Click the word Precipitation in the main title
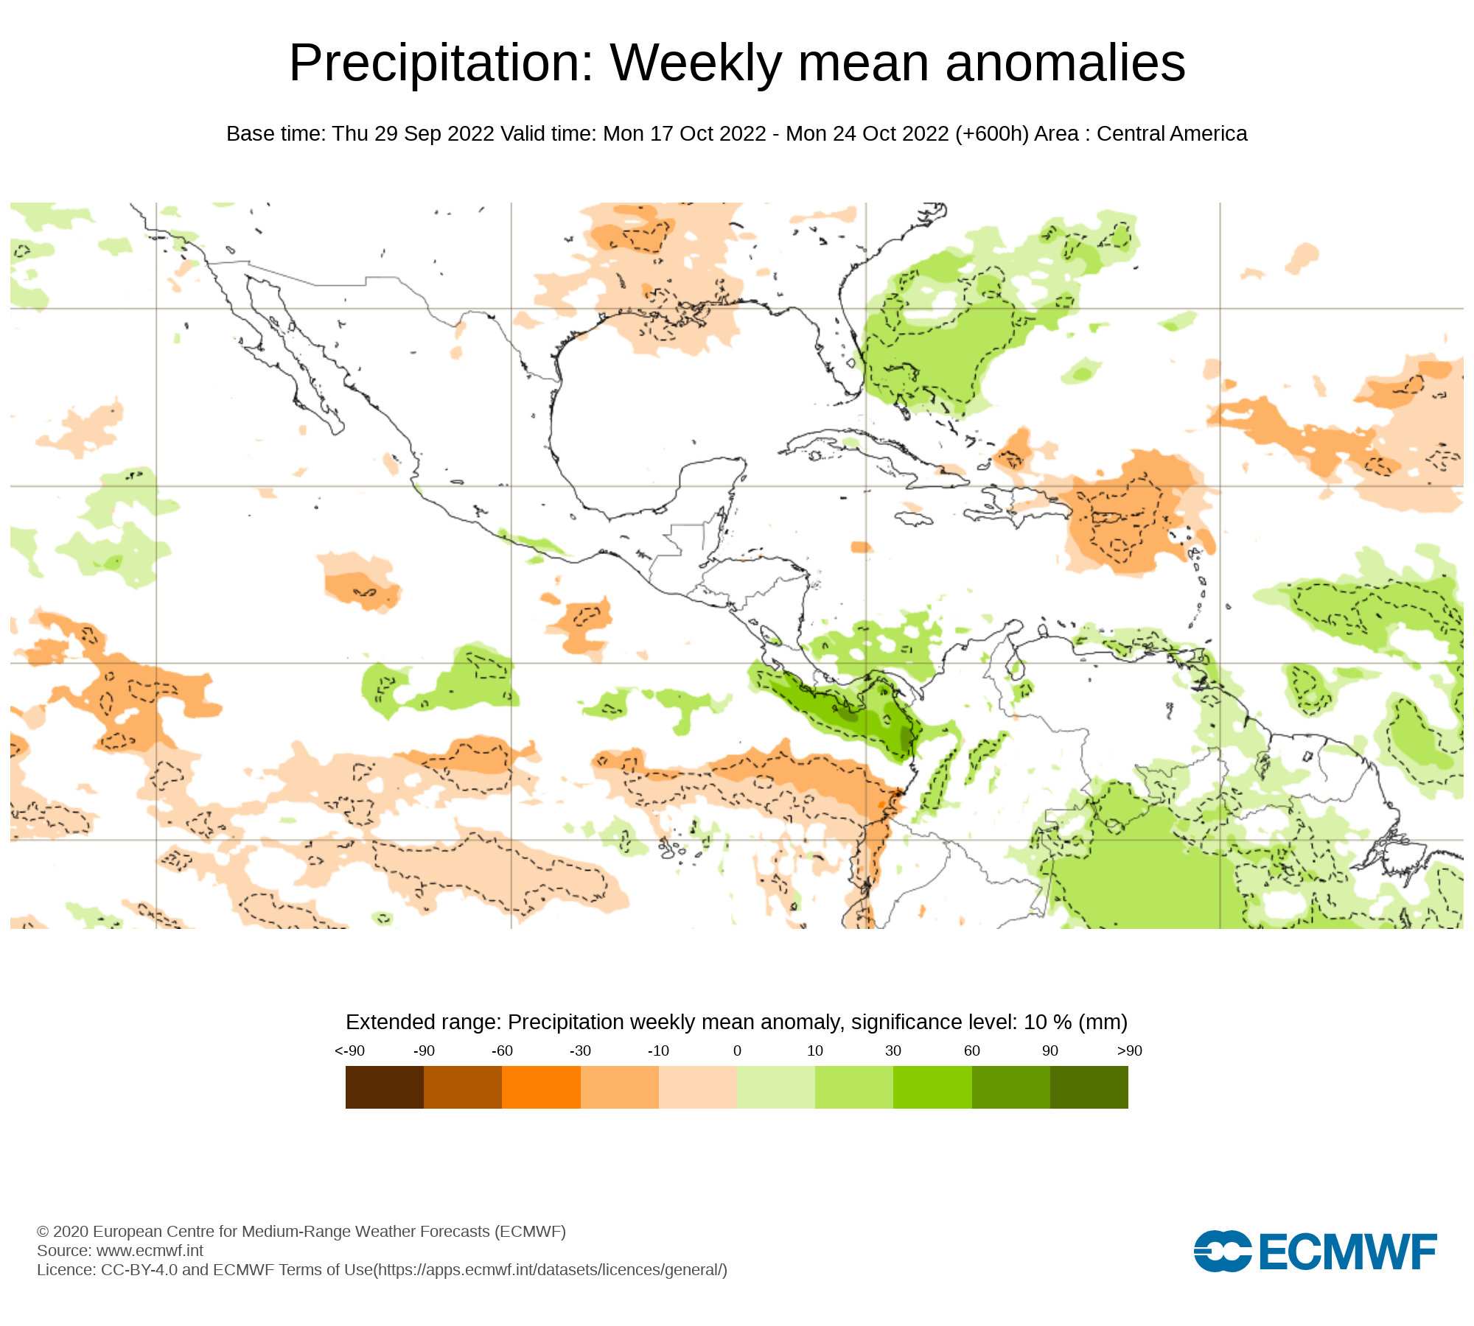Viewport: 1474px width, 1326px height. [441, 63]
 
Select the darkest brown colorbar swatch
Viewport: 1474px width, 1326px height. [384, 1087]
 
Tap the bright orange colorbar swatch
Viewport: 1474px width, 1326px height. [541, 1087]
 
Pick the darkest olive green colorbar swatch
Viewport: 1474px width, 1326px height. [1089, 1087]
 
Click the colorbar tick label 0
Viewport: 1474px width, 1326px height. [737, 1050]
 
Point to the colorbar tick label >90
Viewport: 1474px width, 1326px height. [1129, 1050]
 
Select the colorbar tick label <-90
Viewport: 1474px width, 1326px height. [349, 1050]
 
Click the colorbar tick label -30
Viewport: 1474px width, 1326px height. [580, 1050]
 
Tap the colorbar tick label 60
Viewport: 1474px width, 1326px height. [971, 1050]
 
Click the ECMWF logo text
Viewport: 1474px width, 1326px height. [1348, 1252]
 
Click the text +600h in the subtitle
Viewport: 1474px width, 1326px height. [992, 134]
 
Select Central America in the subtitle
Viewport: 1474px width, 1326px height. [1171, 134]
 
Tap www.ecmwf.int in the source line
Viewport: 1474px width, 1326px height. [150, 1250]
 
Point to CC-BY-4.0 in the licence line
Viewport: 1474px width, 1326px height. [139, 1269]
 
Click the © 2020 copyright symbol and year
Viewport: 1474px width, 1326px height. [63, 1231]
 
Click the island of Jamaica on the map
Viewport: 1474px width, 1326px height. [915, 519]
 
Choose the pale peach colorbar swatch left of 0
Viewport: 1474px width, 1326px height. [697, 1087]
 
